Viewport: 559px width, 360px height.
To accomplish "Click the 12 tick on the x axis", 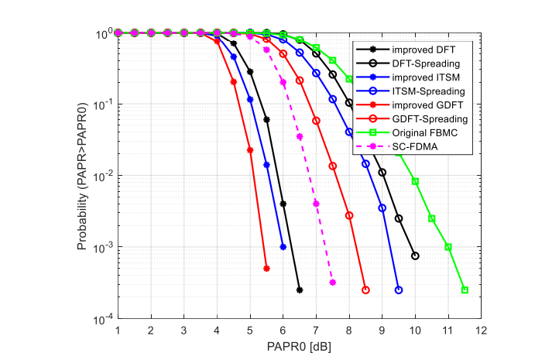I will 481,331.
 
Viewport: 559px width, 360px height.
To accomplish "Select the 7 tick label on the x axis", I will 316,331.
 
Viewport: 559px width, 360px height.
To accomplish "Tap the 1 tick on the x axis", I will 118,331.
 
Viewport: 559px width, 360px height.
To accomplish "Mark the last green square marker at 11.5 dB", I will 465,290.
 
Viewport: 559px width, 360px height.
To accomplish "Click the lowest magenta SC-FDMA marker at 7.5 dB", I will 332,283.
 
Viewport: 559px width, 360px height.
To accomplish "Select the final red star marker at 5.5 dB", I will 266,269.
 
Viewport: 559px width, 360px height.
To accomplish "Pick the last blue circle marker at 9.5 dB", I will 399,290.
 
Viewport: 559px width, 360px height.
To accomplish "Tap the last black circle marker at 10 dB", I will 415,255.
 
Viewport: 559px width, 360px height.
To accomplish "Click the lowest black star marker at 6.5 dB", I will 300,290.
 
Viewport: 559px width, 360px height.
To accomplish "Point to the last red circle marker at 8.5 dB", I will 365,290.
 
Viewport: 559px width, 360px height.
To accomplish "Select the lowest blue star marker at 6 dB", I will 283,247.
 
